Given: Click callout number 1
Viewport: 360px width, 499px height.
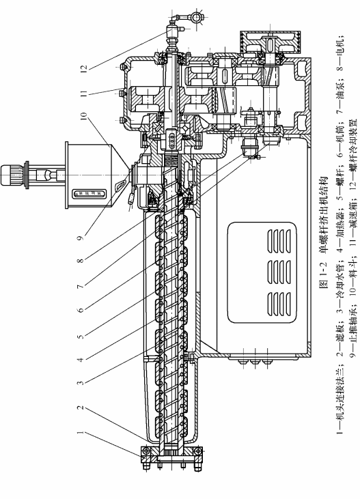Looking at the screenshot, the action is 81,433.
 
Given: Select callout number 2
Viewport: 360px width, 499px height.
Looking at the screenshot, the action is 81,408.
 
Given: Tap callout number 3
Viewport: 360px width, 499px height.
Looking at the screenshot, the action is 81,382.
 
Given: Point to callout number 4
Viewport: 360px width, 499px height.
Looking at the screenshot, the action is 81,360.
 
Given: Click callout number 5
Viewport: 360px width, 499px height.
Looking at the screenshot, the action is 81,336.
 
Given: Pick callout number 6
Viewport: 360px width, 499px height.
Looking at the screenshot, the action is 81,309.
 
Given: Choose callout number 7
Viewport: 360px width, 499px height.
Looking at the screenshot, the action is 81,286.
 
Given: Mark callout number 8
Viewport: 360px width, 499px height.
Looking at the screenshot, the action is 81,260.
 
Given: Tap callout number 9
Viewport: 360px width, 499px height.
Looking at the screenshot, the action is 81,237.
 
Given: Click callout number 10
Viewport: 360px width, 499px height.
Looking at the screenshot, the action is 83,116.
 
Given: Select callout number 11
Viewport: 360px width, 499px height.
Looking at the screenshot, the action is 83,94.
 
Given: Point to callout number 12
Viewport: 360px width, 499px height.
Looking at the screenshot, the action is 83,68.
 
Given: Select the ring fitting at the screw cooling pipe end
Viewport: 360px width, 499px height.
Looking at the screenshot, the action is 196,17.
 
